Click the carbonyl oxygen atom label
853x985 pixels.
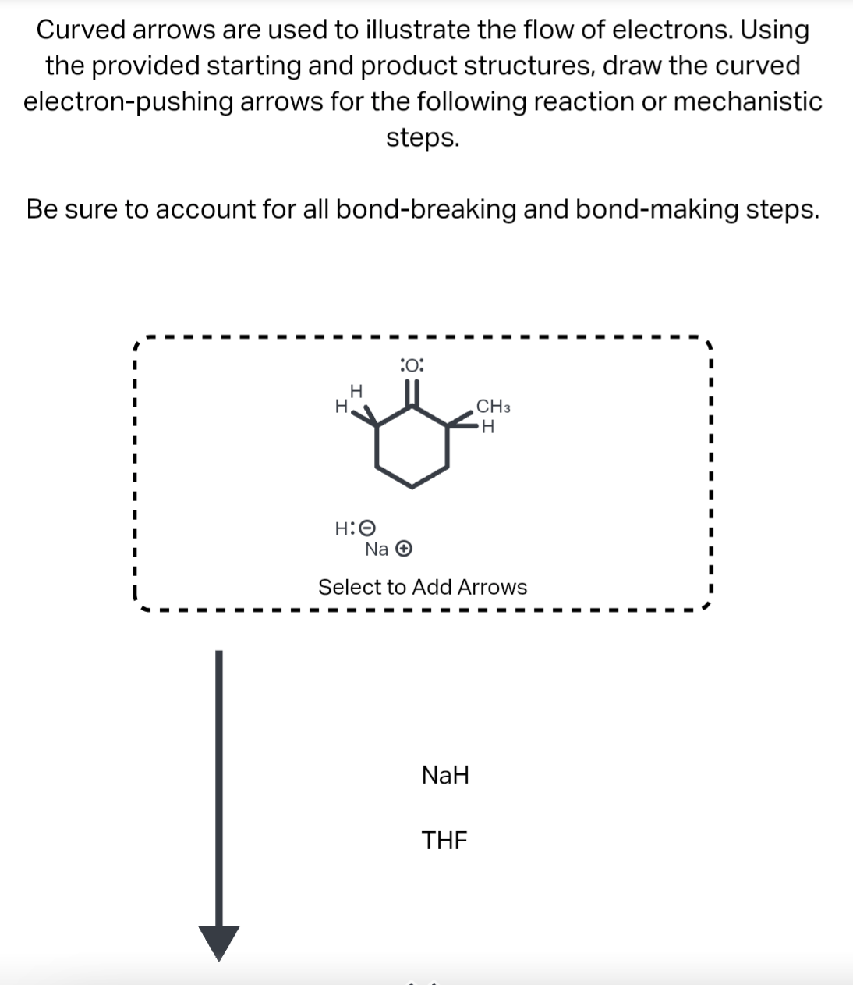click(x=411, y=364)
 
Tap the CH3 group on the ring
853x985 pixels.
click(x=493, y=406)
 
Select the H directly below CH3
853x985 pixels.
click(x=488, y=427)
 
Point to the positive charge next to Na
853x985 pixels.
click(x=403, y=549)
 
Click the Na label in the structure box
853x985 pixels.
click(x=377, y=549)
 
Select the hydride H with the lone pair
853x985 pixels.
click(x=342, y=528)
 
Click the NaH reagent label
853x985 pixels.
click(x=445, y=775)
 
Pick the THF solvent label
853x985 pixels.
click(x=444, y=841)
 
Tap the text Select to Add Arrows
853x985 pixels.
click(x=423, y=587)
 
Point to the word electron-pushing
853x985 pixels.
click(x=127, y=102)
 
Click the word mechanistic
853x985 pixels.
click(x=748, y=102)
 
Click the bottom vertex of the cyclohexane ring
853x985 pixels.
click(x=412, y=488)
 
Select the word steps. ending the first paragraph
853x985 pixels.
click(x=423, y=138)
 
